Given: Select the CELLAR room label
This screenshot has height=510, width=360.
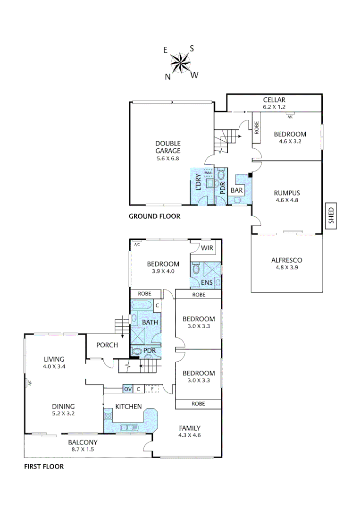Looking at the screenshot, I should [274, 100].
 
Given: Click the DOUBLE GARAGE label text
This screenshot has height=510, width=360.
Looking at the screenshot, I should [168, 147].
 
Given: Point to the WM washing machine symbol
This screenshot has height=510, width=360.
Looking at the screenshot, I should [208, 173].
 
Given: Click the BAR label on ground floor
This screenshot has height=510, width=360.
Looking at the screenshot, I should [236, 190].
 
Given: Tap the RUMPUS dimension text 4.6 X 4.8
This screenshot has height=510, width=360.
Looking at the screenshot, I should [287, 200].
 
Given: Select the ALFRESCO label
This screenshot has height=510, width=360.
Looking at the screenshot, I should [286, 260].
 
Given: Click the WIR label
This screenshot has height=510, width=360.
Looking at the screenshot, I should [208, 248].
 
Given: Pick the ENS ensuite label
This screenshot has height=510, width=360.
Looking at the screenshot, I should [207, 282].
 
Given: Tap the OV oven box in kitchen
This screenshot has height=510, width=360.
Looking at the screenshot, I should [127, 389].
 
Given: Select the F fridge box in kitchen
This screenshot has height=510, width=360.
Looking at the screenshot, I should [151, 389].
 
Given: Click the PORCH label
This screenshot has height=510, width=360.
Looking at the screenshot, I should [107, 345].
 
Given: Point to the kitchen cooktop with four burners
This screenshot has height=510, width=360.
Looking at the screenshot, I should [108, 416].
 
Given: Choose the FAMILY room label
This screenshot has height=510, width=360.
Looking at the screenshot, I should [190, 428].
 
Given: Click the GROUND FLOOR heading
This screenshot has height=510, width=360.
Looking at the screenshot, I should [154, 217].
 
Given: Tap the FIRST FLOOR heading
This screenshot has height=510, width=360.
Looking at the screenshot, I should [43, 467].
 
